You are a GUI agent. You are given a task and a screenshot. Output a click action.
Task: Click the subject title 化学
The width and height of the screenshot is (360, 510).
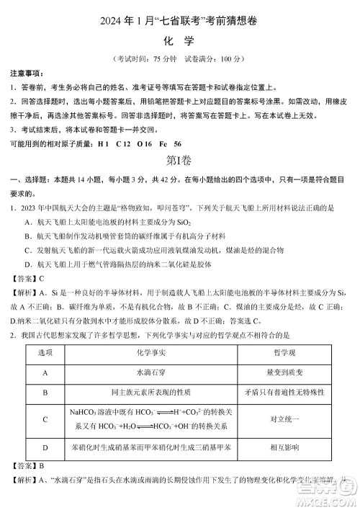tap(179, 40)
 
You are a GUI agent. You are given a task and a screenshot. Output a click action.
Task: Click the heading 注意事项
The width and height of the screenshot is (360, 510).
tap(26, 74)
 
